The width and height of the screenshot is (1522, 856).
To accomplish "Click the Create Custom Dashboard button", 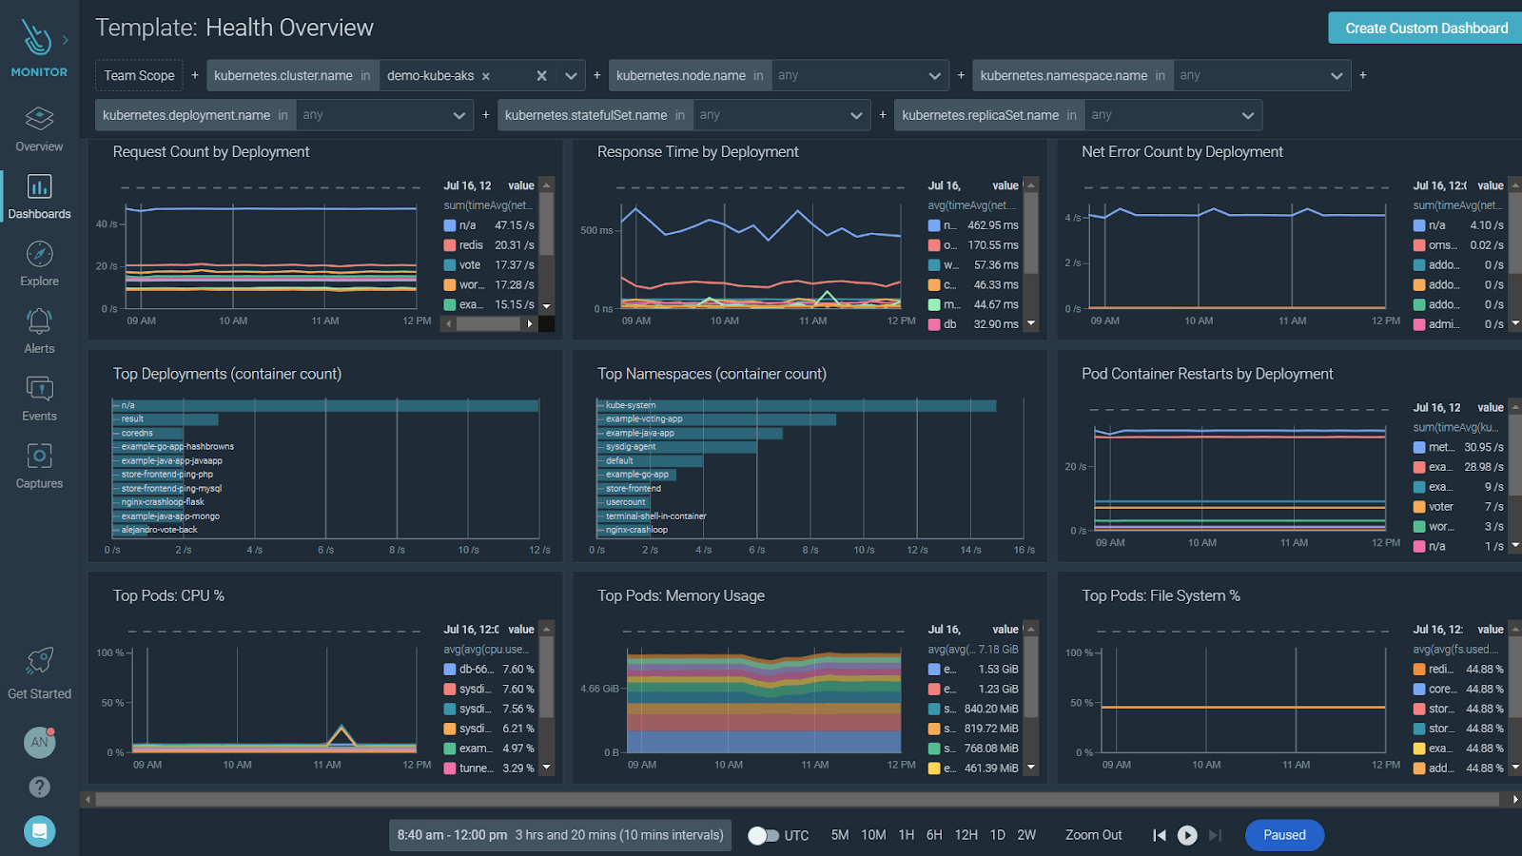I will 1425,29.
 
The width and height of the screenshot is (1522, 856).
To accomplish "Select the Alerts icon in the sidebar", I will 39,321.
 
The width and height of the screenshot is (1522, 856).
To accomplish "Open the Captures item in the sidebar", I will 39,457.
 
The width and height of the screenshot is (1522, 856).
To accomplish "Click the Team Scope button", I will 139,75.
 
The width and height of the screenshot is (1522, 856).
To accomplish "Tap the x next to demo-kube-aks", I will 485,76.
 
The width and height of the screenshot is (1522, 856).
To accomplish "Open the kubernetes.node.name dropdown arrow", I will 934,76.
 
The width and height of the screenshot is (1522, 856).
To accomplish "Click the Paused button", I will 1284,835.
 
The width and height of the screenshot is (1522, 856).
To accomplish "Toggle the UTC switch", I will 762,835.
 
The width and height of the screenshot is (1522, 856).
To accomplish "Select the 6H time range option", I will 934,835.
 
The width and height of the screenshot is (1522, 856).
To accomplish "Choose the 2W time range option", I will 1026,835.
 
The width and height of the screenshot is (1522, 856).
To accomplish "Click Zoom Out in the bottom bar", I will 1093,835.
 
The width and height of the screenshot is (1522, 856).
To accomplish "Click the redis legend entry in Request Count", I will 471,245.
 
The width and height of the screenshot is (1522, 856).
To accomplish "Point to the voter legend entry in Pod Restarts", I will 1440,507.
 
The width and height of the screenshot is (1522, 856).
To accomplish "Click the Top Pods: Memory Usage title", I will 681,596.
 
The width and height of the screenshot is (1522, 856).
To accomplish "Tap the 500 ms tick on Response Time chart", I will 596,230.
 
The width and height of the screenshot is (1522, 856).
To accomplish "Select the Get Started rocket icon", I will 39,661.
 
